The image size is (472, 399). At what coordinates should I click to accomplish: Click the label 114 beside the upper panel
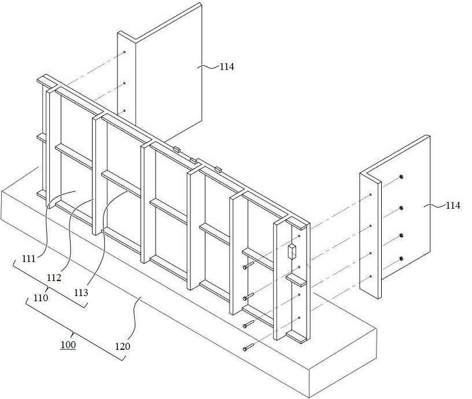click(x=226, y=66)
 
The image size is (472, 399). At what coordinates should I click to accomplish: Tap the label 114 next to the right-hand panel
click(x=453, y=206)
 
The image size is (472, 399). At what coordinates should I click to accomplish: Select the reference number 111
click(x=29, y=258)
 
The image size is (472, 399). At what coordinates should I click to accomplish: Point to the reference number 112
click(x=54, y=278)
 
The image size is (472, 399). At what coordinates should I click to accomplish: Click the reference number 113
click(x=81, y=292)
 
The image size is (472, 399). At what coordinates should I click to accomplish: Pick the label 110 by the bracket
click(x=40, y=298)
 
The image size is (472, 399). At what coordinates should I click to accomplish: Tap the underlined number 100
click(x=68, y=345)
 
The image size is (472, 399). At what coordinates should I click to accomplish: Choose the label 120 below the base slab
click(x=123, y=346)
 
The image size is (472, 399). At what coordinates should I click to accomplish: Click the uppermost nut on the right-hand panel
click(x=401, y=176)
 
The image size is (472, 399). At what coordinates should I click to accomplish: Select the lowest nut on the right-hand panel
click(x=401, y=258)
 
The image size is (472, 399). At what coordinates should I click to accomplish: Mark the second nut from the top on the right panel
click(x=401, y=208)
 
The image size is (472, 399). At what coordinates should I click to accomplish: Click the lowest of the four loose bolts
click(x=248, y=348)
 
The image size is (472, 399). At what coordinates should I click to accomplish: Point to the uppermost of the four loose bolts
click(x=248, y=265)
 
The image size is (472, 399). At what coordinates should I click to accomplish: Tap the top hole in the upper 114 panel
click(x=124, y=53)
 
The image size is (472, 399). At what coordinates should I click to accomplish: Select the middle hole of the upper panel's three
click(x=124, y=83)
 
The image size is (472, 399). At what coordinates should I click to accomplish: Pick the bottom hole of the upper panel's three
click(x=124, y=110)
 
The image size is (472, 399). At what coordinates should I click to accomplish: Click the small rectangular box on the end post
click(x=292, y=252)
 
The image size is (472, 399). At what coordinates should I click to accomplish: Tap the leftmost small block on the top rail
click(x=176, y=149)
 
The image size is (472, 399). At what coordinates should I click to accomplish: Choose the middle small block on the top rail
click(x=194, y=161)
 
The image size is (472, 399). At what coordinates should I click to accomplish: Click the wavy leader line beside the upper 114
click(x=208, y=66)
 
